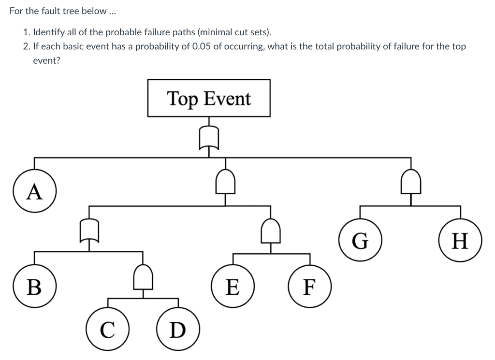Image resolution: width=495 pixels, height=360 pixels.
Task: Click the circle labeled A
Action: pos(34,192)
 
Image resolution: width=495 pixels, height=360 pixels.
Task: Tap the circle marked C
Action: pos(107,330)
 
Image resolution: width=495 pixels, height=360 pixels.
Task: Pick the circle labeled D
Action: pos(178,330)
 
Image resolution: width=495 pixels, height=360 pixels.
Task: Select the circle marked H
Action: pos(460,240)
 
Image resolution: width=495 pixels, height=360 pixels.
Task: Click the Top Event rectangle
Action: pos(209,98)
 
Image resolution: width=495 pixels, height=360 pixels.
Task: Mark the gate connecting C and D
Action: pos(143,276)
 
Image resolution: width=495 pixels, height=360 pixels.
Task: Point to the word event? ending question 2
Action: pos(46,61)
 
